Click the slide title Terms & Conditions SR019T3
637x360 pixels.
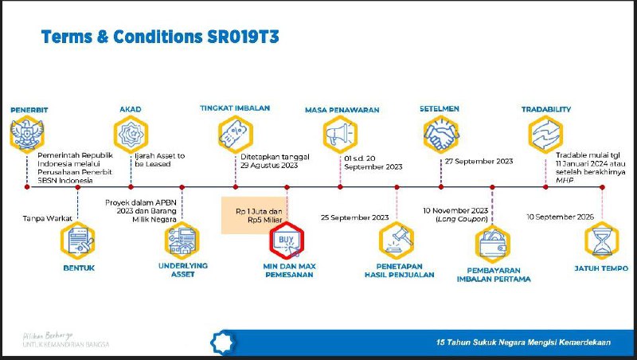[x=159, y=37]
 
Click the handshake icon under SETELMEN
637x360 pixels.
[x=442, y=133]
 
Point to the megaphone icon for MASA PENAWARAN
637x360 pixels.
[x=341, y=133]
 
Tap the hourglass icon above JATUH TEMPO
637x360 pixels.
[x=602, y=241]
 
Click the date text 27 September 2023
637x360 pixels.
[x=477, y=160]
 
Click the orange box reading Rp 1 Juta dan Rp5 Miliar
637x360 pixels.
[x=252, y=216]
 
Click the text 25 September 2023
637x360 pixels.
[x=354, y=217]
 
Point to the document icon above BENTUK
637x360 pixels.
[x=77, y=241]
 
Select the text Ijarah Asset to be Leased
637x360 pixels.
[x=158, y=159]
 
